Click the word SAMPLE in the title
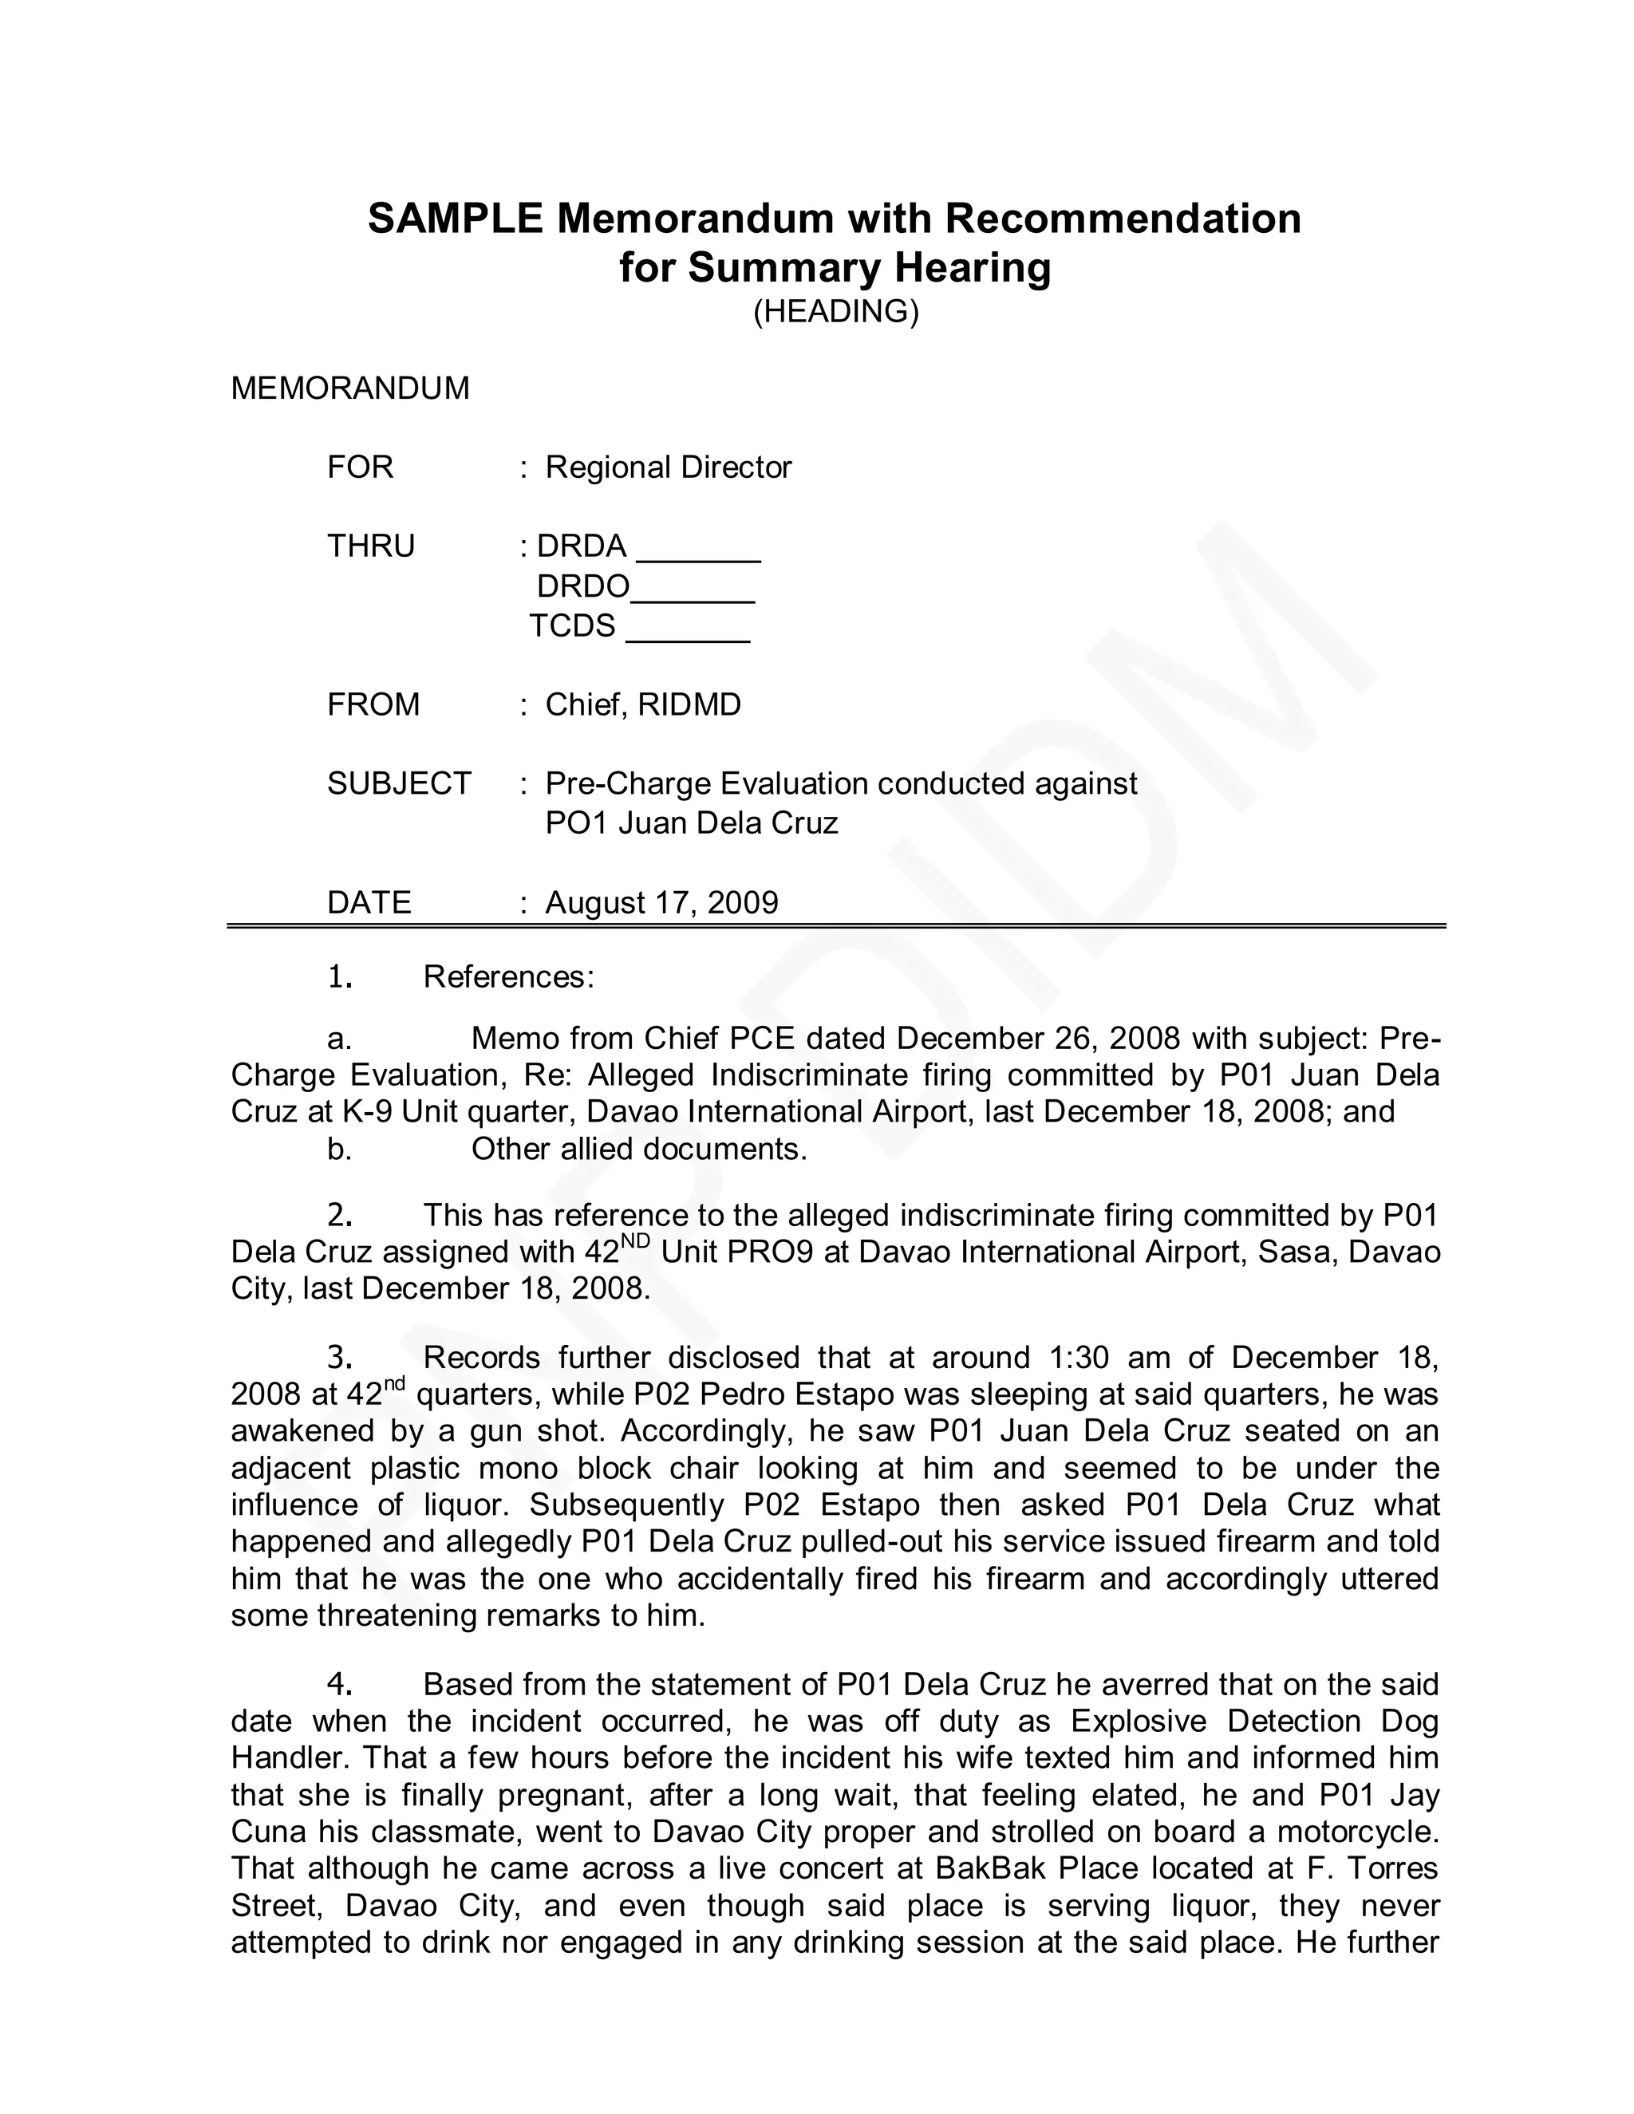(455, 219)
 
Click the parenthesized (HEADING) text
(835, 312)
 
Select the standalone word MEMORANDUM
(349, 388)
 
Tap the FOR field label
(360, 467)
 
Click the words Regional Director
(668, 467)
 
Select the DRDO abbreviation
(582, 586)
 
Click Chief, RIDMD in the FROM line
(643, 704)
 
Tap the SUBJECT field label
(399, 783)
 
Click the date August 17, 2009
(661, 902)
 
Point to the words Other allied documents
(639, 1149)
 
